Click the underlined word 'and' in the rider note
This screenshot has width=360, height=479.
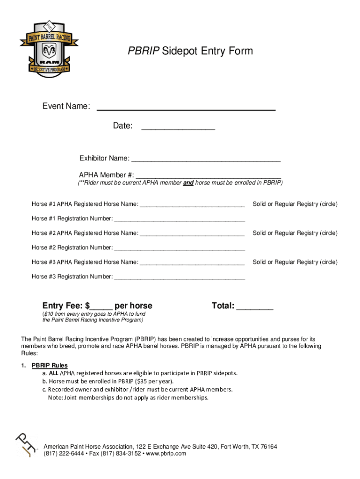pos(188,183)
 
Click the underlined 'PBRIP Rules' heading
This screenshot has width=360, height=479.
pos(50,365)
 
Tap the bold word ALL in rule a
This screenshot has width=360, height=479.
pos(53,373)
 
